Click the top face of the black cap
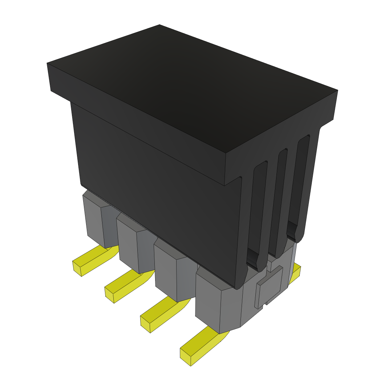(189, 91)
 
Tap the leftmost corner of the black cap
(48, 64)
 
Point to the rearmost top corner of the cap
(159, 25)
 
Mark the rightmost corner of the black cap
(337, 90)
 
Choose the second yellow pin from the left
(125, 287)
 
